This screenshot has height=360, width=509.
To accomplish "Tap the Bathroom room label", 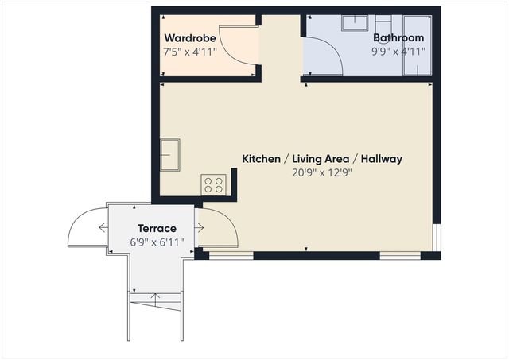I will pyautogui.click(x=398, y=38).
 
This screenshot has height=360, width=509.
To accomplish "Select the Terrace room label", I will pyautogui.click(x=157, y=229).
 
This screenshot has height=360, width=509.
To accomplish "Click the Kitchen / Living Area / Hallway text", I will pyautogui.click(x=322, y=159).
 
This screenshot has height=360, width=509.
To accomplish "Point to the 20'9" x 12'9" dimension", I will pyautogui.click(x=322, y=172).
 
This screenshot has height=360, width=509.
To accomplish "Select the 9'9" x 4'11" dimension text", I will pyautogui.click(x=398, y=51).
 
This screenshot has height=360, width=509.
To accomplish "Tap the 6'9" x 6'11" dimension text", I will pyautogui.click(x=157, y=242).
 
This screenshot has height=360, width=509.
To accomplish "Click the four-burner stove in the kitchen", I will pyautogui.click(x=213, y=185).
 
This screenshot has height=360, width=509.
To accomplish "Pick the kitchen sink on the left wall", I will pyautogui.click(x=169, y=154).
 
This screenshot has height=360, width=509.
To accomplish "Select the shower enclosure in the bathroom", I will pyautogui.click(x=417, y=45).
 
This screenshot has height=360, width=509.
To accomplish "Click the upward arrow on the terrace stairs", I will pyautogui.click(x=156, y=298).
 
